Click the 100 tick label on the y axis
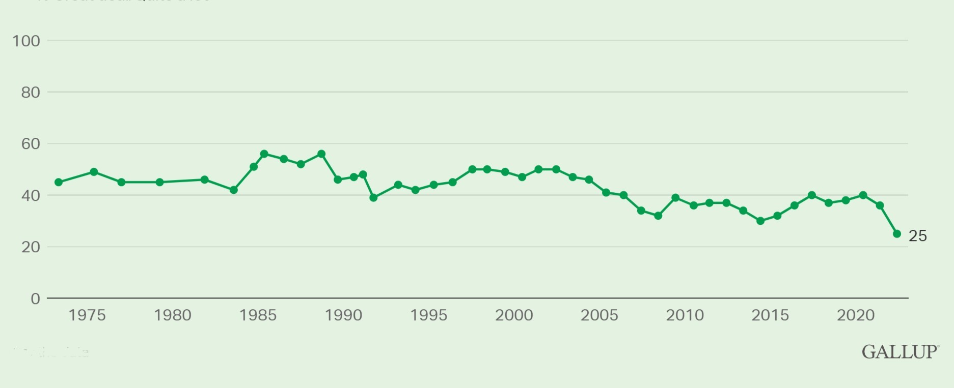coord(26,41)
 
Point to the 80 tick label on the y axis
coord(30,93)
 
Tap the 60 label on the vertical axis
coord(30,144)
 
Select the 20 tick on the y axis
coord(30,247)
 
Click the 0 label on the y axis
coord(35,299)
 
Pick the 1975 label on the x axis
coord(87,315)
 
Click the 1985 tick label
coord(258,315)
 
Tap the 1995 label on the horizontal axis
coord(429,315)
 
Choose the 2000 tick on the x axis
coord(514,315)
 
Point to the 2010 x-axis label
coord(685,315)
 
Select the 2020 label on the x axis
coord(856,315)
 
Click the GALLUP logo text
coord(900,352)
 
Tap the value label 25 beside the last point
coord(918,236)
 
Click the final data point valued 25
coord(897,234)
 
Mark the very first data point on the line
coord(59,182)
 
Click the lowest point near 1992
coord(373,197)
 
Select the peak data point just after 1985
coord(264,154)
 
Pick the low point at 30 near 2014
coord(760,221)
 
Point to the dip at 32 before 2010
coord(658,216)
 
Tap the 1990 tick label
coord(343,315)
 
